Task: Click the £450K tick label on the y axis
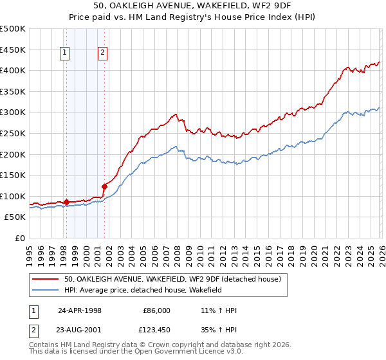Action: click(x=13, y=50)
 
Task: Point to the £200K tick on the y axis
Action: click(x=13, y=154)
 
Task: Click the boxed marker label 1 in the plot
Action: click(x=66, y=54)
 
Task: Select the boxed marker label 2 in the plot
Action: click(x=103, y=54)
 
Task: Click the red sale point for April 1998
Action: click(x=66, y=202)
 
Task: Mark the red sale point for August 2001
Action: click(x=104, y=186)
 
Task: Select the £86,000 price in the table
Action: click(x=156, y=310)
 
